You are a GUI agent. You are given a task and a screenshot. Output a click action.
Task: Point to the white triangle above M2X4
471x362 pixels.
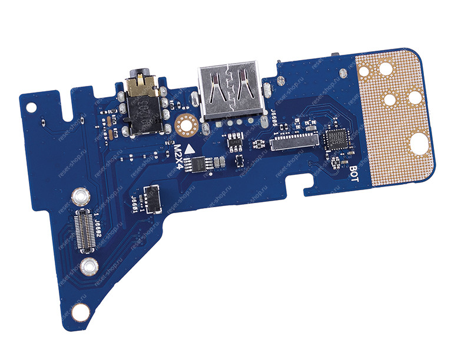tap(190, 149)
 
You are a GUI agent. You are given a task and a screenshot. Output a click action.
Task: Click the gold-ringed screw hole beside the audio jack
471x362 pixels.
tap(184, 124)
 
